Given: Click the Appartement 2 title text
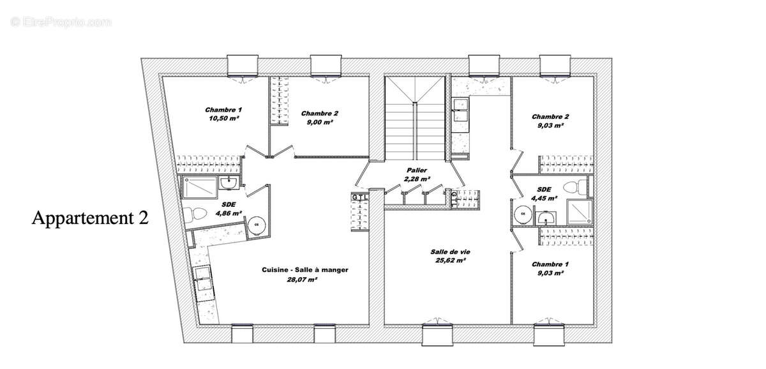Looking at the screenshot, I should pyautogui.click(x=90, y=218).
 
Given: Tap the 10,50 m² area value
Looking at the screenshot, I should pyautogui.click(x=223, y=118).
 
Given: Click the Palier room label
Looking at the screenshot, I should pyautogui.click(x=416, y=170).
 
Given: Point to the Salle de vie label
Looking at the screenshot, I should pyautogui.click(x=447, y=252).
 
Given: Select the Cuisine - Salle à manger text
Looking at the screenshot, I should pyautogui.click(x=304, y=270).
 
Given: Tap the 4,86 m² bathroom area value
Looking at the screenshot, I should pyautogui.click(x=228, y=213).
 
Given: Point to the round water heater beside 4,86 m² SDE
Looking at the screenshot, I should pyautogui.click(x=257, y=224).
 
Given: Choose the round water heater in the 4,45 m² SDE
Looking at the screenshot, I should pyautogui.click(x=523, y=213).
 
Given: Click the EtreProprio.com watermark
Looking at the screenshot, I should pyautogui.click(x=61, y=22).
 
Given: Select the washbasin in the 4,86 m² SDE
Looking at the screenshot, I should pyautogui.click(x=229, y=184).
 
